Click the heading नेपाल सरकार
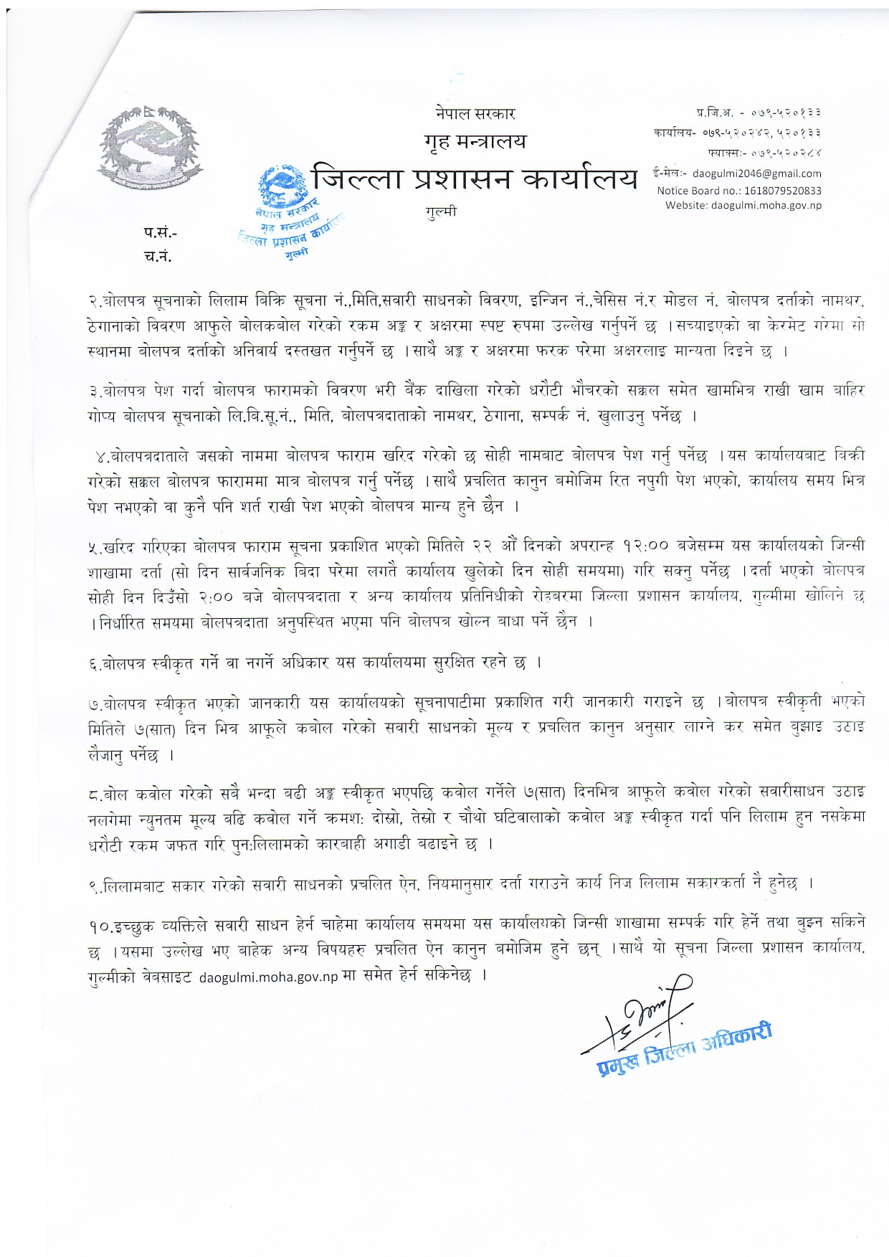(x=475, y=113)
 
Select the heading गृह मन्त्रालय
(x=475, y=141)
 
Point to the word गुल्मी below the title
(x=440, y=212)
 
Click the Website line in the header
(x=743, y=206)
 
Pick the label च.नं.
(x=158, y=256)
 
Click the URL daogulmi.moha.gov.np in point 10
(x=268, y=977)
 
